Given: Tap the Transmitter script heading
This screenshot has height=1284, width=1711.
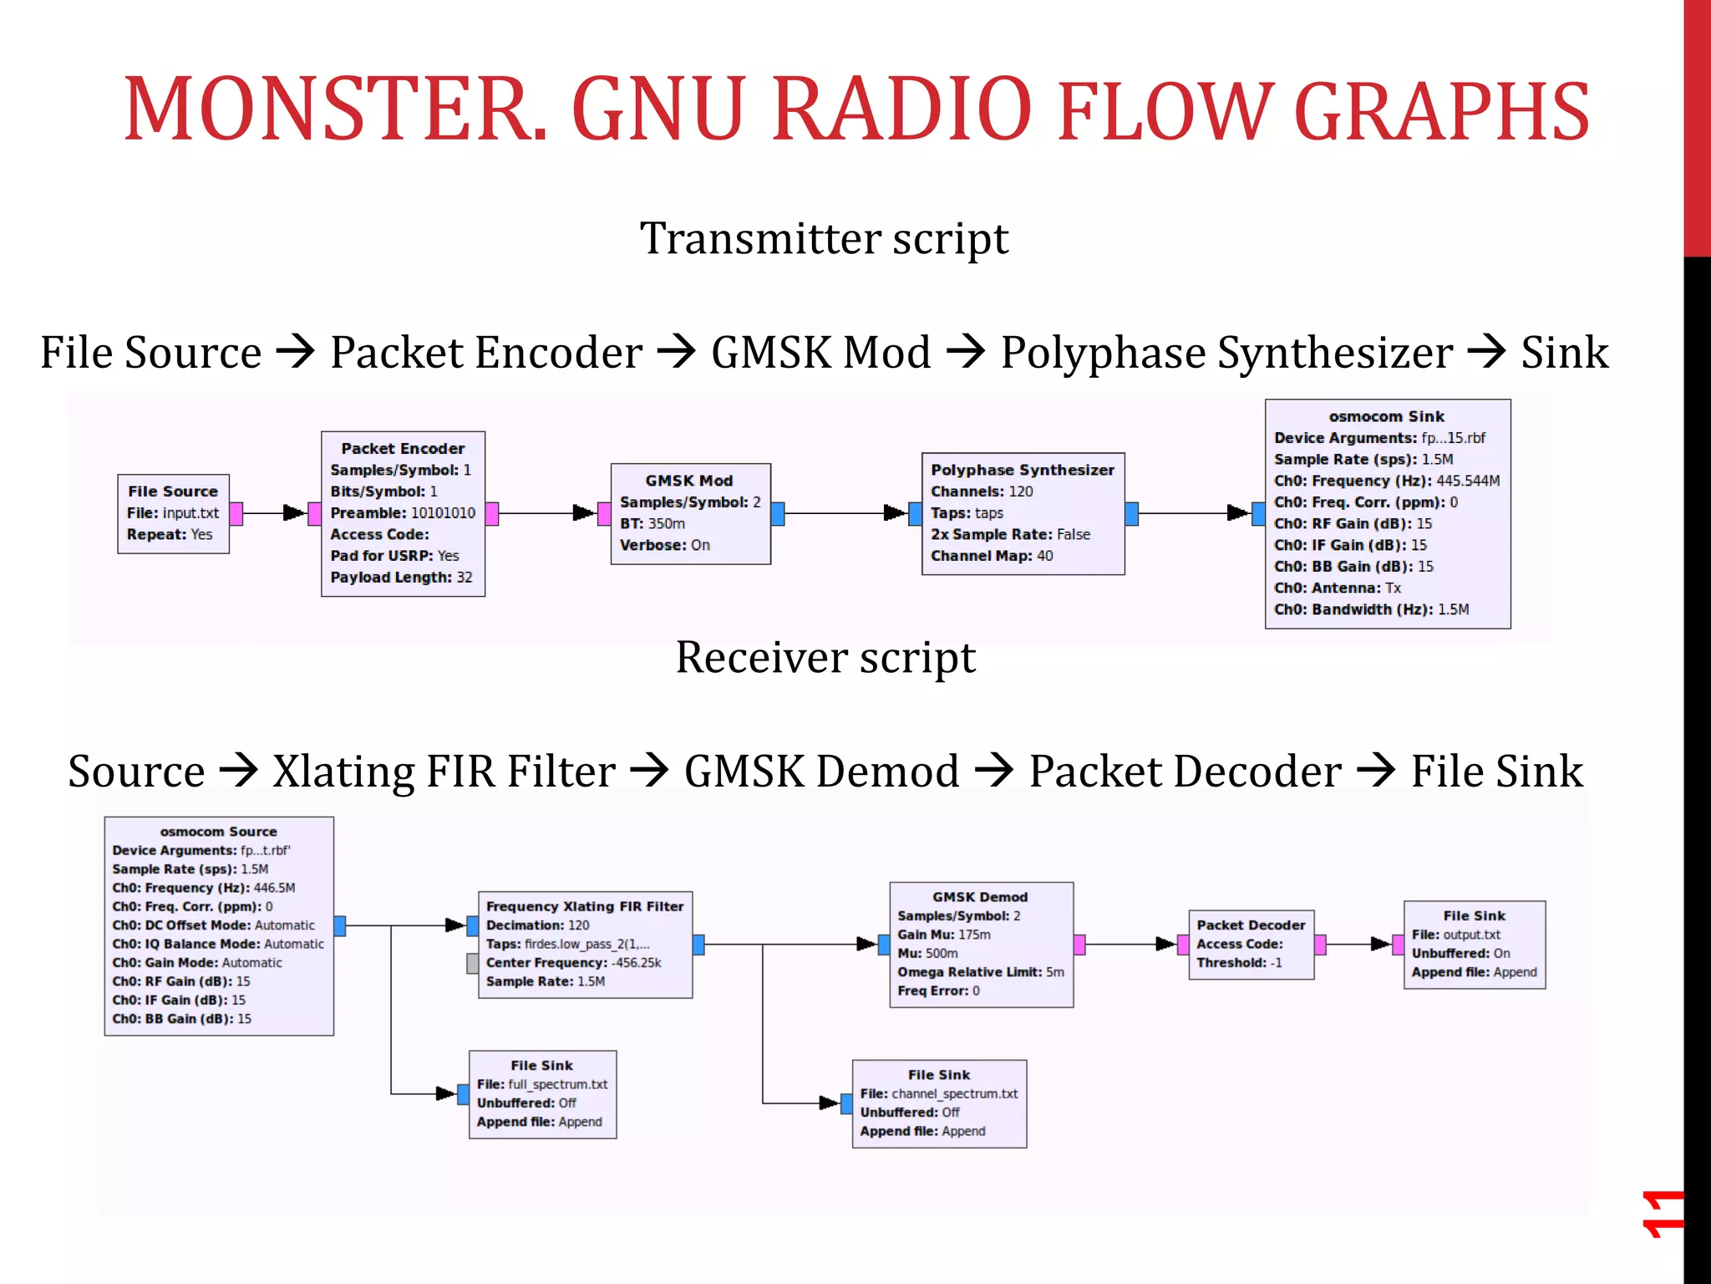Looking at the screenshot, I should (824, 239).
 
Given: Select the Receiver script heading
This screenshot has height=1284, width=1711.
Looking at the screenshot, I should (825, 658).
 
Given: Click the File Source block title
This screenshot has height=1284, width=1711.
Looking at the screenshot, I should (173, 492).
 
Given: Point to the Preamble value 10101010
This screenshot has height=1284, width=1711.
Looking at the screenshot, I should (443, 513).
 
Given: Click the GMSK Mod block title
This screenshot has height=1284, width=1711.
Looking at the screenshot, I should (689, 481).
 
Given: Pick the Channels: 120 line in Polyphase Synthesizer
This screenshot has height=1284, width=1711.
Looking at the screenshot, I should (982, 492).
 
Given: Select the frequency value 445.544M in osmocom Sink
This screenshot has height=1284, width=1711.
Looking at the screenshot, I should (1468, 481).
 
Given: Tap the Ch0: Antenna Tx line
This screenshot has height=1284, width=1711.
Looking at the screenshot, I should (1337, 588).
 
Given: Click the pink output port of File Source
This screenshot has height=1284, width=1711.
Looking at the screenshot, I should (236, 513).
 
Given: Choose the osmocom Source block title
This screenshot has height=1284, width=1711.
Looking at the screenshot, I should (218, 832).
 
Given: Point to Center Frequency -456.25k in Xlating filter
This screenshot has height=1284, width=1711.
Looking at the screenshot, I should (573, 963).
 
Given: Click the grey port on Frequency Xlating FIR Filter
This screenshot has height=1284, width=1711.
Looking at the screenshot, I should (473, 964).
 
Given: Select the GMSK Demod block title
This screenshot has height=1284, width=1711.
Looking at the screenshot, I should (980, 897).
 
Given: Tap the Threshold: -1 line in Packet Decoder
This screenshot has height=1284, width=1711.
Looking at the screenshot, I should (1239, 963).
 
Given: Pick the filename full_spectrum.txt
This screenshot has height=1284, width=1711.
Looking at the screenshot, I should (557, 1084).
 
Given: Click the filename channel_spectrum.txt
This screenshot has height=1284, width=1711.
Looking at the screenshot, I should (954, 1093).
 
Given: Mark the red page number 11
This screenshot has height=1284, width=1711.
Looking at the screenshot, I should (1661, 1214).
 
